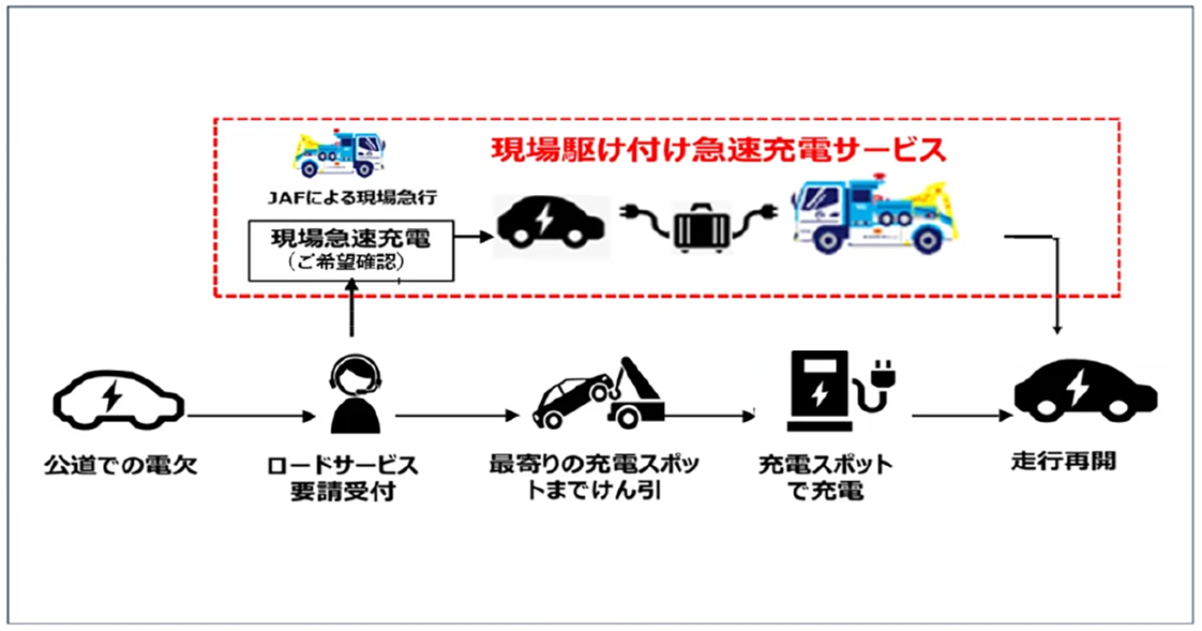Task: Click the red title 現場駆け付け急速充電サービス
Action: (x=718, y=150)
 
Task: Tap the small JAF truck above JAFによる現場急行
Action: (x=339, y=155)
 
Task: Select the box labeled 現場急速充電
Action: (x=350, y=250)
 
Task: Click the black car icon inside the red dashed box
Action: (x=553, y=225)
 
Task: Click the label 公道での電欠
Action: (x=121, y=465)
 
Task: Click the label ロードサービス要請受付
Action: (x=354, y=477)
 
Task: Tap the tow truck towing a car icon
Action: (x=599, y=392)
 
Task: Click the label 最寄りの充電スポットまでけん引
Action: (x=594, y=477)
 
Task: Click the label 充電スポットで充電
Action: (x=825, y=477)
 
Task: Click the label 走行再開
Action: (x=1064, y=462)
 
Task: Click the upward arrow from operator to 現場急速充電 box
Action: (x=351, y=310)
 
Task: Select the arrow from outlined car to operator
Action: (x=249, y=414)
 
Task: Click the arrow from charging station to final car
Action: (x=958, y=414)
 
